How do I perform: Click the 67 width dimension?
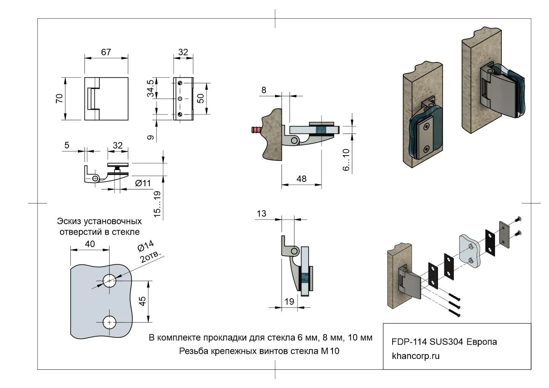[106, 52]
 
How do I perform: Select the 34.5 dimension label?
[151, 89]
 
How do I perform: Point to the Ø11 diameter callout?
[143, 183]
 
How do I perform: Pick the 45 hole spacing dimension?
[142, 301]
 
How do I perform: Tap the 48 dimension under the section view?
[301, 178]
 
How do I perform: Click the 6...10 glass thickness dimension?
[346, 159]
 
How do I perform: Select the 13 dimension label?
[261, 213]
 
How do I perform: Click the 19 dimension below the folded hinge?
[289, 301]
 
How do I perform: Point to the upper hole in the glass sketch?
[110, 281]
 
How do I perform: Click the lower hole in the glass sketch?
[110, 322]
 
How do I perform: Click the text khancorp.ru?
[415, 356]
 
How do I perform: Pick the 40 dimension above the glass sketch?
[90, 244]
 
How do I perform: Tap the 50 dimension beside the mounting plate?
[201, 98]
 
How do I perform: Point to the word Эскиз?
[68, 221]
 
